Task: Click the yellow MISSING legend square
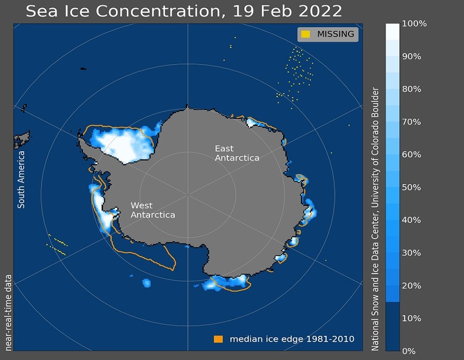tap(306, 34)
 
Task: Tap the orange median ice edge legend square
tap(218, 339)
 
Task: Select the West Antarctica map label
tap(153, 210)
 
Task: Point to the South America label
tap(21, 179)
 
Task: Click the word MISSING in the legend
tap(336, 34)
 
